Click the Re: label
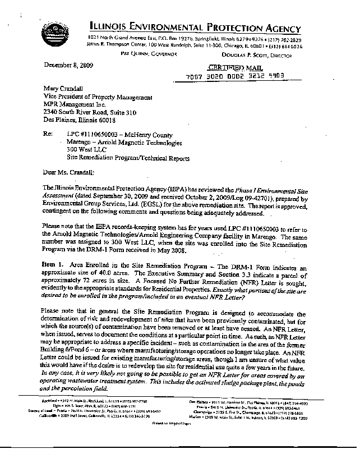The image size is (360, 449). [x=49, y=135]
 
